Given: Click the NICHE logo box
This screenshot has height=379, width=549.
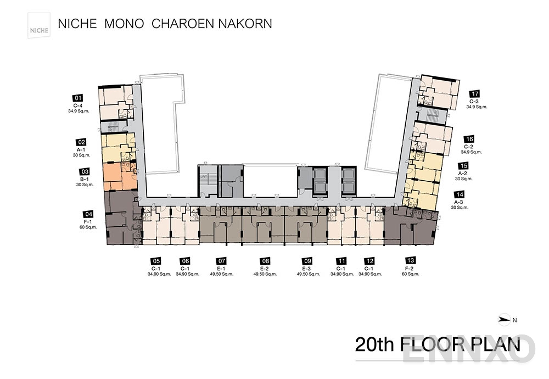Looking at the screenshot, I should pyautogui.click(x=40, y=25).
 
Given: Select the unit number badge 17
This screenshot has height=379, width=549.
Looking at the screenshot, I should pyautogui.click(x=475, y=94).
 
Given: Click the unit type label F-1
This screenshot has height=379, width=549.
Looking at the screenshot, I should pyautogui.click(x=88, y=221).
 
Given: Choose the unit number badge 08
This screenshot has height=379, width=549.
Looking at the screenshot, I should pyautogui.click(x=266, y=261).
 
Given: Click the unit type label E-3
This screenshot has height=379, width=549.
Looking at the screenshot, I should pyautogui.click(x=307, y=268).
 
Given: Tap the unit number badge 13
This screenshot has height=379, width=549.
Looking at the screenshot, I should pyautogui.click(x=410, y=261).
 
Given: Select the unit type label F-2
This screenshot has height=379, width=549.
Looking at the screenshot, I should pyautogui.click(x=410, y=268).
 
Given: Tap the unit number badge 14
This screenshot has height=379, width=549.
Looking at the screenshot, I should pyautogui.click(x=460, y=194).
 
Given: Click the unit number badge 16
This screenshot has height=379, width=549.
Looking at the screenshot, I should pyautogui.click(x=469, y=140).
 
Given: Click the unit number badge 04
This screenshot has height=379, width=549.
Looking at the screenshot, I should pyautogui.click(x=88, y=214).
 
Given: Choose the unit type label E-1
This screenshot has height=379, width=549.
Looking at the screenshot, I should pyautogui.click(x=222, y=268).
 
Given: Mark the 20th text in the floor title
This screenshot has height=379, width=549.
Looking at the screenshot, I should pyautogui.click(x=375, y=344).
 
